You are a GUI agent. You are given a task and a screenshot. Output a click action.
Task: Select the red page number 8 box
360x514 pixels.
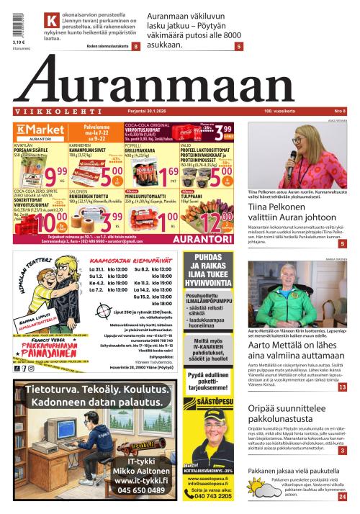(135, 46)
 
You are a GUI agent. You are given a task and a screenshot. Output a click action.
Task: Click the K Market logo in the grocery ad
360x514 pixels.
(36, 130)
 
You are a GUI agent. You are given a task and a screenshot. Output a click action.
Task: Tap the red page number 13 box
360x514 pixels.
(342, 388)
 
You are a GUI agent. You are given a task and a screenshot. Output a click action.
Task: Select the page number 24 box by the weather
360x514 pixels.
(342, 496)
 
